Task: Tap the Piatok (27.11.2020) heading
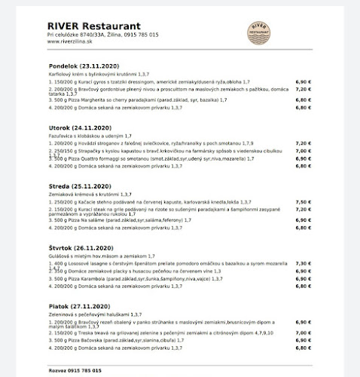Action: point(80,307)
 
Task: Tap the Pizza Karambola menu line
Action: point(129,278)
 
